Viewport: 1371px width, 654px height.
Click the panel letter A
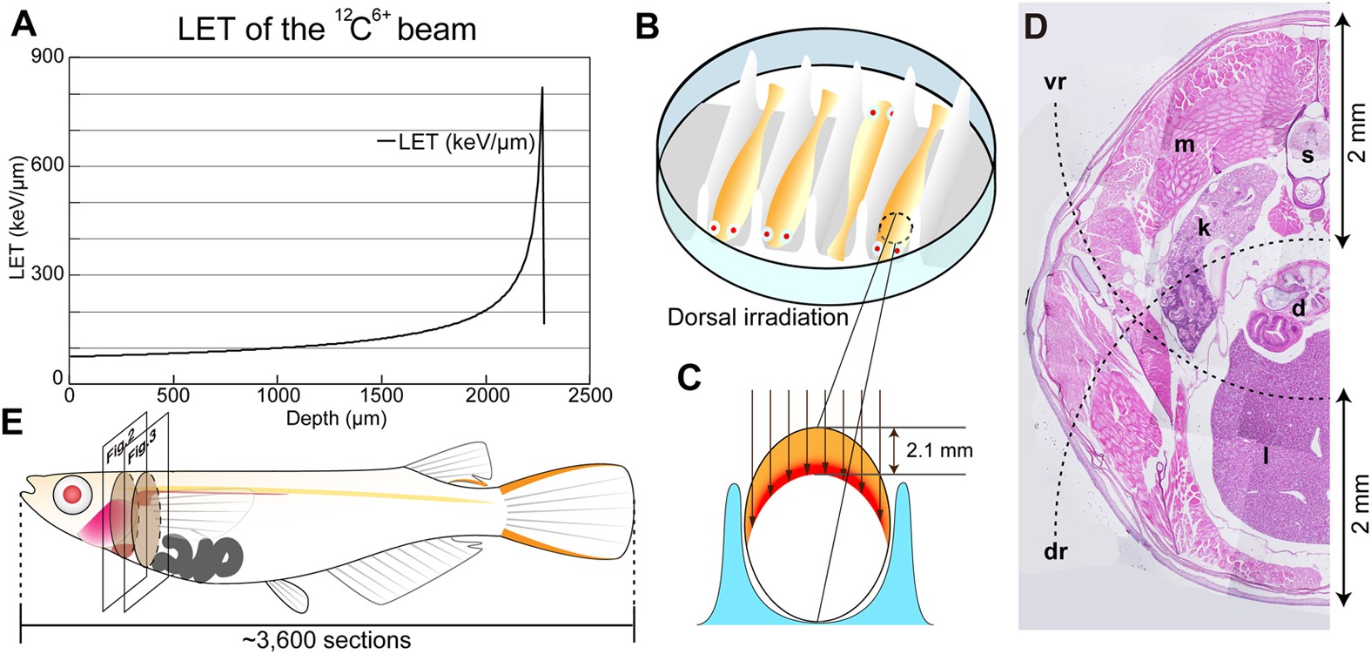pos(24,24)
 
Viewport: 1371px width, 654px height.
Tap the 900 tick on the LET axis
pos(48,57)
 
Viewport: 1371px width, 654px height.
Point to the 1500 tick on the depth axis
pos(382,396)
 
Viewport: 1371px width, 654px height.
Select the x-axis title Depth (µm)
pos(336,419)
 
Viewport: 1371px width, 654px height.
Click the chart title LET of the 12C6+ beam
pos(326,28)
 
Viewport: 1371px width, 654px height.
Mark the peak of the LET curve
pos(542,88)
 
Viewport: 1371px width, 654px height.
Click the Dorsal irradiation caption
pos(757,317)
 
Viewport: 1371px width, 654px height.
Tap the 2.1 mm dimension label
pos(939,450)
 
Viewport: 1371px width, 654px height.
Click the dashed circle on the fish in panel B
pos(896,229)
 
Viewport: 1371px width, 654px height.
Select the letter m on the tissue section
pos(1185,145)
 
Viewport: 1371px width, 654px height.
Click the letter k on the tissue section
pos(1204,228)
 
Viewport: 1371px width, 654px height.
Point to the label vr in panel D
pos(1055,83)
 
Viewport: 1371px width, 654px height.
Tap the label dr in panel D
pos(1055,551)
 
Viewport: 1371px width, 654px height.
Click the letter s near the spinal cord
pos(1307,156)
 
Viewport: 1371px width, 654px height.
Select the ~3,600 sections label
pos(326,640)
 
